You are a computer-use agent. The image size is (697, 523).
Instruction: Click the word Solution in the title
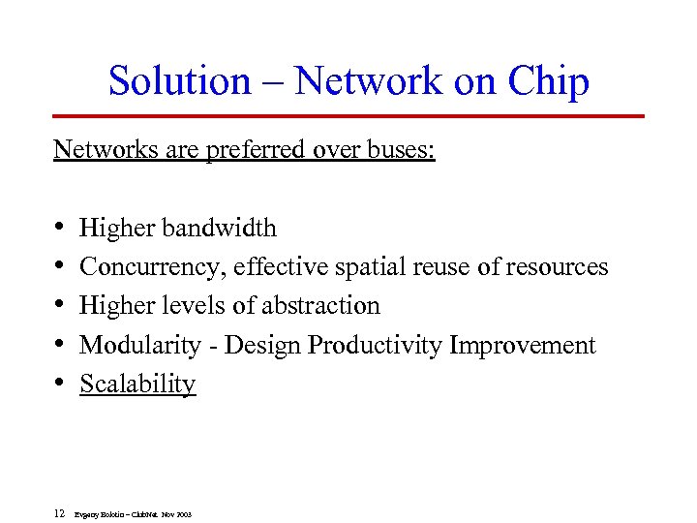click(179, 81)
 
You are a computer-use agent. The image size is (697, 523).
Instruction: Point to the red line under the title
click(348, 116)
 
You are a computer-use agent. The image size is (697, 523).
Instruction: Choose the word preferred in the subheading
click(252, 150)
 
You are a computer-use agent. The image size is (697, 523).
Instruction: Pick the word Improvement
click(523, 345)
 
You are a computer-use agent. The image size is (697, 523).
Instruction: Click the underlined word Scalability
click(137, 384)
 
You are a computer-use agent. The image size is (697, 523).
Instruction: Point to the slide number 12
click(60, 513)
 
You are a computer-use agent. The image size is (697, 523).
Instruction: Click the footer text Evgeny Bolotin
click(100, 514)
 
